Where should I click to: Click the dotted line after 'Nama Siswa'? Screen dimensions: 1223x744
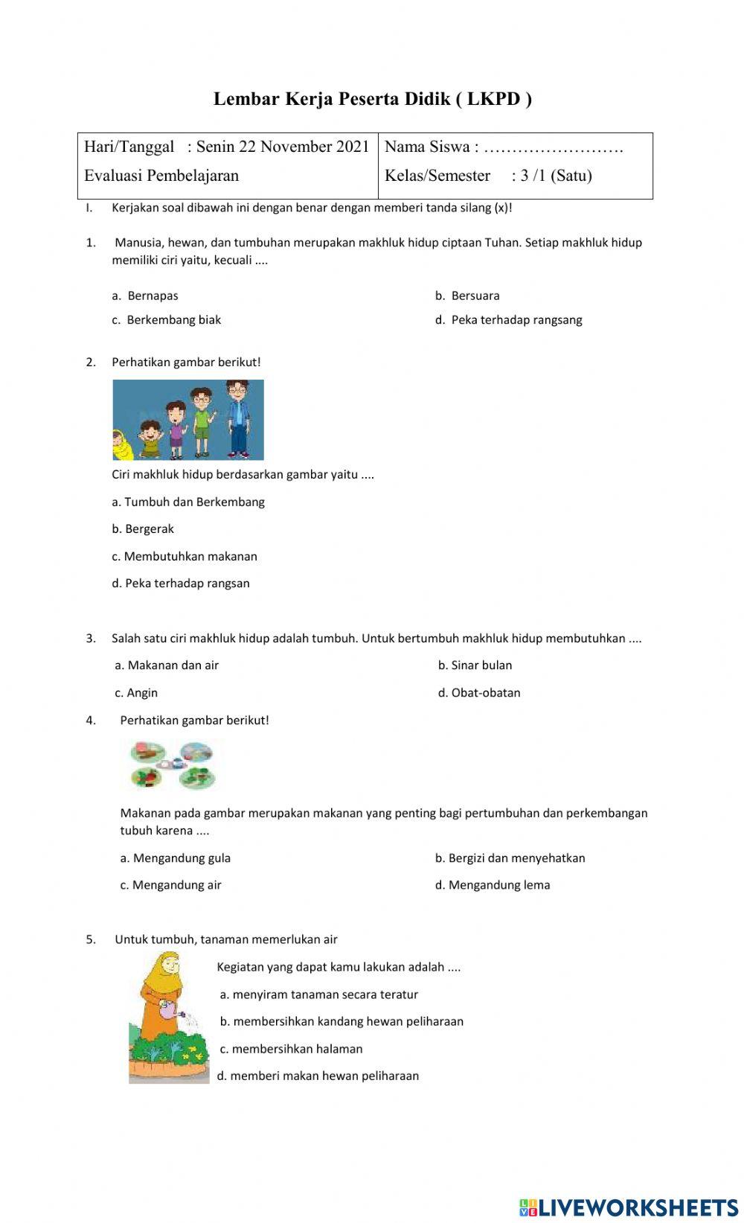(554, 147)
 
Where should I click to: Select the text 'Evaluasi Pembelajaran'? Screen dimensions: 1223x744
(161, 176)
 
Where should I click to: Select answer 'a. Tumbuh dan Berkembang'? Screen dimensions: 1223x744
(188, 502)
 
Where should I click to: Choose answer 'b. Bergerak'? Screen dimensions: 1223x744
(143, 529)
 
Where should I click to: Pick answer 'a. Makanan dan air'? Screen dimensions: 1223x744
(167, 665)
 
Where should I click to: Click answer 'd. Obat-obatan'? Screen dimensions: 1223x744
(479, 693)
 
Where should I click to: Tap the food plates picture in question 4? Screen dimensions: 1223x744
(173, 764)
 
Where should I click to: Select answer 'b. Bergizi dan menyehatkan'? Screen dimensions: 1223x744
(510, 858)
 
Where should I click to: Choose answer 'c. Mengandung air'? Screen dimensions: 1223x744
(171, 885)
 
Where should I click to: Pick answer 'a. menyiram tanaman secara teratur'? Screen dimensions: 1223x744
(319, 994)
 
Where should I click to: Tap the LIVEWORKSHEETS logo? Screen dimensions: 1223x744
(628, 1207)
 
